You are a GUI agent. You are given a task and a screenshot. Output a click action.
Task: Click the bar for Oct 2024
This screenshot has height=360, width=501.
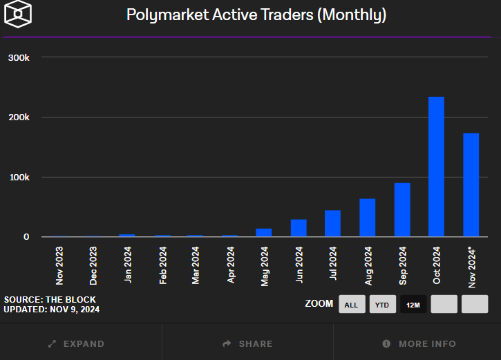[436, 167]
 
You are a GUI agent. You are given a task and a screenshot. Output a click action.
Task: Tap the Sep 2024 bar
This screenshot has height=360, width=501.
[402, 210]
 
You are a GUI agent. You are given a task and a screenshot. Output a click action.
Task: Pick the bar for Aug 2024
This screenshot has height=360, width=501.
[368, 218]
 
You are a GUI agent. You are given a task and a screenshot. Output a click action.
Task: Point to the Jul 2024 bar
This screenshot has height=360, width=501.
[332, 223]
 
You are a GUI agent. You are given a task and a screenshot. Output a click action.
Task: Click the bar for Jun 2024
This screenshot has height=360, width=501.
[299, 228]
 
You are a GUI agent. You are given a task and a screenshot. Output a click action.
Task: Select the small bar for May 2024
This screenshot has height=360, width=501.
[264, 233]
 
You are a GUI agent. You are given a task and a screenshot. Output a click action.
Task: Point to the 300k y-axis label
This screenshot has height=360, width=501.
[19, 57]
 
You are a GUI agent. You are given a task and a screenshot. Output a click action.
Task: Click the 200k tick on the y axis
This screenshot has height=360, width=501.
[19, 117]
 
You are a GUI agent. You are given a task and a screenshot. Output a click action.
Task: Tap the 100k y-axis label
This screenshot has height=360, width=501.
[19, 178]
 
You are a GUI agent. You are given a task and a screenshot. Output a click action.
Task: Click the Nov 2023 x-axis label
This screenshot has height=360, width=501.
[60, 266]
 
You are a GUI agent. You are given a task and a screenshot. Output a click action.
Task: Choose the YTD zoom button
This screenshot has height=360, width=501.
[382, 305]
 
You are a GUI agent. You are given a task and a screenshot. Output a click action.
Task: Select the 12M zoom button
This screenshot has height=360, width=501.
[413, 305]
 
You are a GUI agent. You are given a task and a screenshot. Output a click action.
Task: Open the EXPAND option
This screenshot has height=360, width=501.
[77, 343]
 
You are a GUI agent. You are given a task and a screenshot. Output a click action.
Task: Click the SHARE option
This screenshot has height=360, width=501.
[248, 343]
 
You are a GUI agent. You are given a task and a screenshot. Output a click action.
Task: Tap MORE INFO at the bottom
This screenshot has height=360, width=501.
[419, 343]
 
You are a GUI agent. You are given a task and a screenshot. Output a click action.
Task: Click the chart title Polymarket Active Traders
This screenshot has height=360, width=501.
[256, 15]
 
